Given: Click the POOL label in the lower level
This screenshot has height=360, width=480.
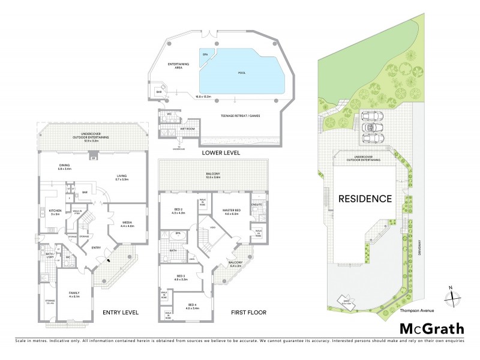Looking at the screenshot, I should (242, 73).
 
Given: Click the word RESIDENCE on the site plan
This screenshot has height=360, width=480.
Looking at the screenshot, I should (365, 199).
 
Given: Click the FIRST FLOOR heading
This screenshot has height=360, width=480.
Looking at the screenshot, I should (248, 313).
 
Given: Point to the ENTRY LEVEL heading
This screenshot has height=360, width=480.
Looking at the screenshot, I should (120, 313).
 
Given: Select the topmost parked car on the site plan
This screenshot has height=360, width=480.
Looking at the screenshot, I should (371, 116).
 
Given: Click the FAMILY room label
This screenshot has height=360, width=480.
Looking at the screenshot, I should (73, 294).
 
